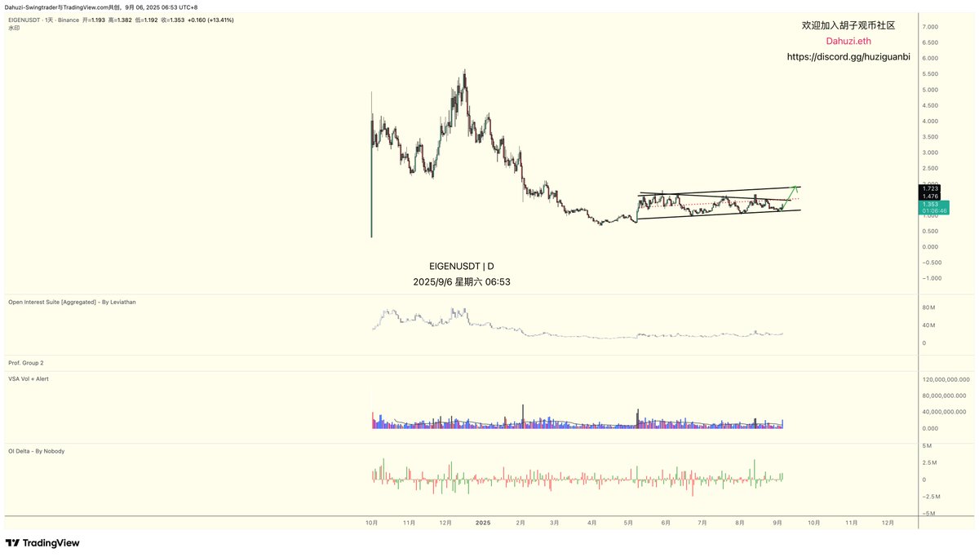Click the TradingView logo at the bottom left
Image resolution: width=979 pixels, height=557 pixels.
coord(42,543)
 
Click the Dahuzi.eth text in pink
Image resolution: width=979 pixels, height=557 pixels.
coord(848,42)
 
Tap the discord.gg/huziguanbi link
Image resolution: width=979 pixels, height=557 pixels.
coord(848,57)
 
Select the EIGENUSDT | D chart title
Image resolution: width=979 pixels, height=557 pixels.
coord(462,266)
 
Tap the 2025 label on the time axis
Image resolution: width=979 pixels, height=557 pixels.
coord(483,523)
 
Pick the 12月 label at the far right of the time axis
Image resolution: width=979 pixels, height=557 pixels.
coord(888,523)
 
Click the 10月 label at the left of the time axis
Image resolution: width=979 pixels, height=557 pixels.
coord(371,523)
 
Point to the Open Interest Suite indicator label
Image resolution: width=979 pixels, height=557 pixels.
coord(72,302)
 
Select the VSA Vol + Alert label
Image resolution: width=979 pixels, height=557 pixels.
coord(29,378)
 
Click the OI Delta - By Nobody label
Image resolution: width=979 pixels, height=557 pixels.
coord(36,451)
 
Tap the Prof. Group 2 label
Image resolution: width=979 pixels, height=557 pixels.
coord(26,362)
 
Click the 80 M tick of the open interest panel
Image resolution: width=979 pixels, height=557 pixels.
coord(928,307)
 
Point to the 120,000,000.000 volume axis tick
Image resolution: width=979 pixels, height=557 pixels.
coord(946,379)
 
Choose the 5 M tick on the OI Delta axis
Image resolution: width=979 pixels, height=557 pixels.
coord(928,445)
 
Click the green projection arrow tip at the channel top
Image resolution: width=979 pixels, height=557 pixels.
coord(795,188)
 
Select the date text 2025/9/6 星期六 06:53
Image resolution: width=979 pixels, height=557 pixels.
coord(462,282)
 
